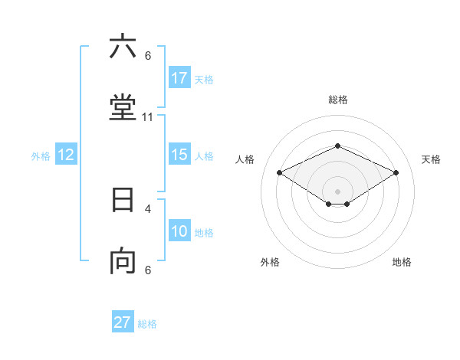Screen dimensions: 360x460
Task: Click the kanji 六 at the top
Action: click(123, 47)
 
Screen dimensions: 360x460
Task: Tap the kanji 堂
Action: click(123, 109)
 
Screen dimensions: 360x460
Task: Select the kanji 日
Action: click(123, 200)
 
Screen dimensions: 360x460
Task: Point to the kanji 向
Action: click(123, 262)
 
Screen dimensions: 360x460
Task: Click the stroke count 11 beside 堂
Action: click(148, 117)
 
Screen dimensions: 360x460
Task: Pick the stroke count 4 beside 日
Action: click(148, 208)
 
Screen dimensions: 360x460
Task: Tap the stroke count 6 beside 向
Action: click(148, 270)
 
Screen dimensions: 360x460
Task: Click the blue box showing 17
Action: click(179, 78)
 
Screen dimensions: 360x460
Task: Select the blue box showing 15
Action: click(179, 155)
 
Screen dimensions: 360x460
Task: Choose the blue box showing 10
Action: click(179, 231)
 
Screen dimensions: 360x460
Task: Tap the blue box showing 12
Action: click(66, 155)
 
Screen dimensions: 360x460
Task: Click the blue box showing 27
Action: click(123, 322)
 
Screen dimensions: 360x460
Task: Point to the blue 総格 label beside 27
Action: click(147, 324)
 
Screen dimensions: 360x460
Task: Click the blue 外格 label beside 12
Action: click(41, 156)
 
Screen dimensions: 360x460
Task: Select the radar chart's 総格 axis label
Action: click(338, 100)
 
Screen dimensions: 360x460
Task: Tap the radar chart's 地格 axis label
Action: click(402, 262)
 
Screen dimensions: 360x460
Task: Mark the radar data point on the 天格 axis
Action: click(396, 173)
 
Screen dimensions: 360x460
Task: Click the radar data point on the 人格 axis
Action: click(280, 173)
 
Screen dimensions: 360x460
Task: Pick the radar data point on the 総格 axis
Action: click(338, 146)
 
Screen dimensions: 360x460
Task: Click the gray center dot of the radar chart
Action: click(338, 191)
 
